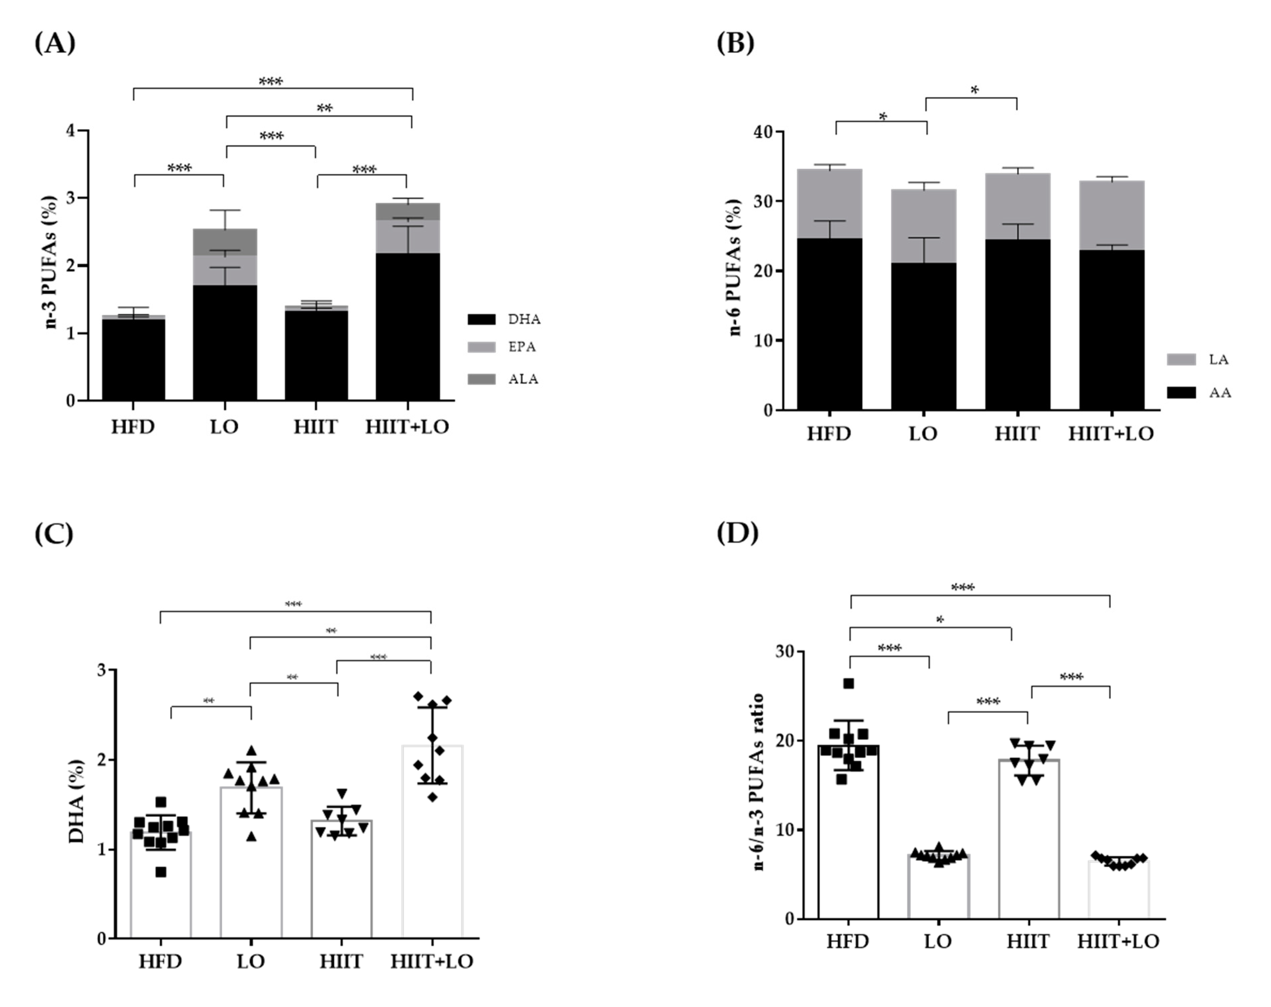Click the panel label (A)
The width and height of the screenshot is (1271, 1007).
tap(55, 43)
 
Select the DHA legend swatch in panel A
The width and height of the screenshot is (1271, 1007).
tap(481, 319)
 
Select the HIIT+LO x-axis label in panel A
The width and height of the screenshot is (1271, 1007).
tap(407, 426)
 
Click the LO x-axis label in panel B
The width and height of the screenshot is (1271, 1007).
tap(923, 434)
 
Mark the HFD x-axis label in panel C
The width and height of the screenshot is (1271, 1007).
tap(160, 962)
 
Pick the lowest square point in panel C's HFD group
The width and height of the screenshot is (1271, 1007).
tap(160, 872)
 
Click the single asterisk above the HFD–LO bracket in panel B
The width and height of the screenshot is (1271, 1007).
tap(882, 117)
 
